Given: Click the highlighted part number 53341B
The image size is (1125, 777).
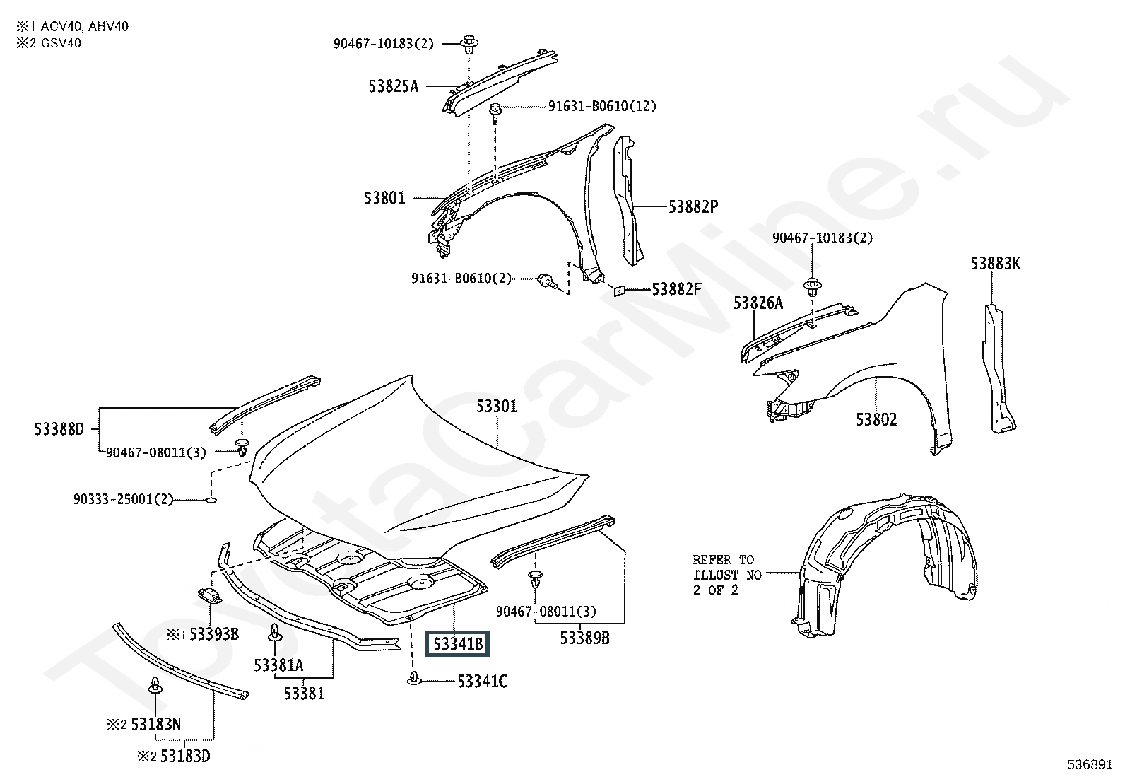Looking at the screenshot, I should coord(458,644).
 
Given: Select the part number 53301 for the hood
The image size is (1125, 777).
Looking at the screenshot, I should coord(496,407).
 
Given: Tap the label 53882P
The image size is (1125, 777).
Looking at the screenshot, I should coord(693,207).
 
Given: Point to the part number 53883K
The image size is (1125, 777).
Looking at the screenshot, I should coord(995,264).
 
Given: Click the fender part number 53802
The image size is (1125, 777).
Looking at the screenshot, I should coord(876,419).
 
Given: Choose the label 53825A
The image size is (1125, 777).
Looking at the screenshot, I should coord(393,87).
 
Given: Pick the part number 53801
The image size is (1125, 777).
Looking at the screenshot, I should coord(385,198).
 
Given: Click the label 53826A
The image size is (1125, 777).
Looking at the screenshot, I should coord(758,303).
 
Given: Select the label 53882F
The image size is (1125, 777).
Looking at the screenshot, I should coord(676,289).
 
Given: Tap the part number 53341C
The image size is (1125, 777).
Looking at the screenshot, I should coord(482,682).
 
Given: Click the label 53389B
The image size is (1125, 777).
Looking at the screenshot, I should coord(584,638).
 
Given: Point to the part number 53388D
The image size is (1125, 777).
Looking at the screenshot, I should coord(59,428).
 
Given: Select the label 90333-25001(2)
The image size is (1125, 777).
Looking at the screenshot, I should coord(123,499).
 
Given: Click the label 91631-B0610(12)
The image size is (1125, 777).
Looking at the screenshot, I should coord(602,107).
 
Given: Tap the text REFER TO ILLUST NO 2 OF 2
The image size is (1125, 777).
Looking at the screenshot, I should coord(726,575).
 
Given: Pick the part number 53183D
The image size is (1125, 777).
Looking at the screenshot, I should coord(184,756).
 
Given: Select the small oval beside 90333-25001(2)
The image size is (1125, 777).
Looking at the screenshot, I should coord(210,500).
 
